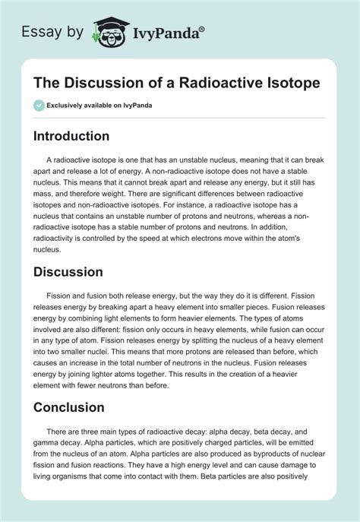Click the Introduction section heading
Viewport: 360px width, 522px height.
[81, 136]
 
